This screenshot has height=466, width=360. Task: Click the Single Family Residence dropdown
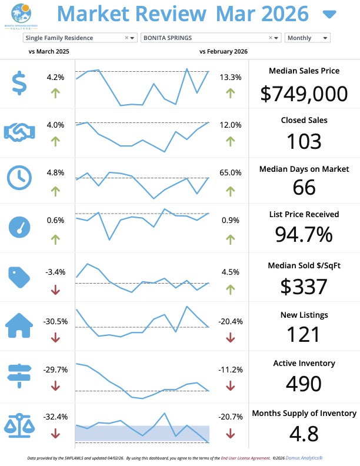click(79, 38)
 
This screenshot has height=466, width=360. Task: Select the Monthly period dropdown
click(307, 38)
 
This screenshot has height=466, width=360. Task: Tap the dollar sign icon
click(19, 83)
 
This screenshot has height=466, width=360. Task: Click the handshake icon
click(19, 131)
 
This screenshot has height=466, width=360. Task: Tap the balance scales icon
click(19, 424)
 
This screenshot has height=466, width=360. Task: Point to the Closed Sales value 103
click(304, 141)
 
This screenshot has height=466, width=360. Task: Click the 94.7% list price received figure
click(304, 234)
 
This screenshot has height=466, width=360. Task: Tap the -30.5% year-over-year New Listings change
click(55, 321)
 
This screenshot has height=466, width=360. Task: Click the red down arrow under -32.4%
click(55, 434)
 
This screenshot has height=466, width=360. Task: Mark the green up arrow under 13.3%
click(230, 92)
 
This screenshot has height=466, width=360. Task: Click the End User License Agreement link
click(244, 457)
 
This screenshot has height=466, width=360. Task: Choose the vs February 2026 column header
click(224, 52)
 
